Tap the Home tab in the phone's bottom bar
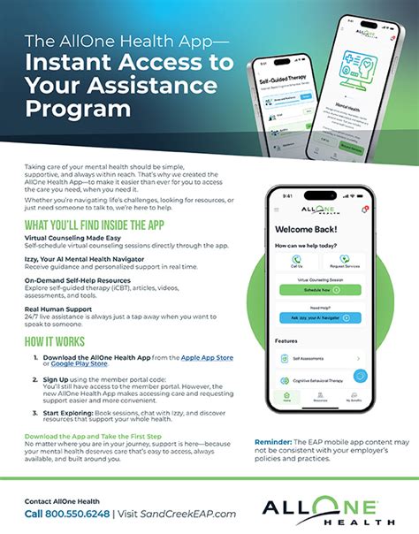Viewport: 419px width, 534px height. (286, 396)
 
